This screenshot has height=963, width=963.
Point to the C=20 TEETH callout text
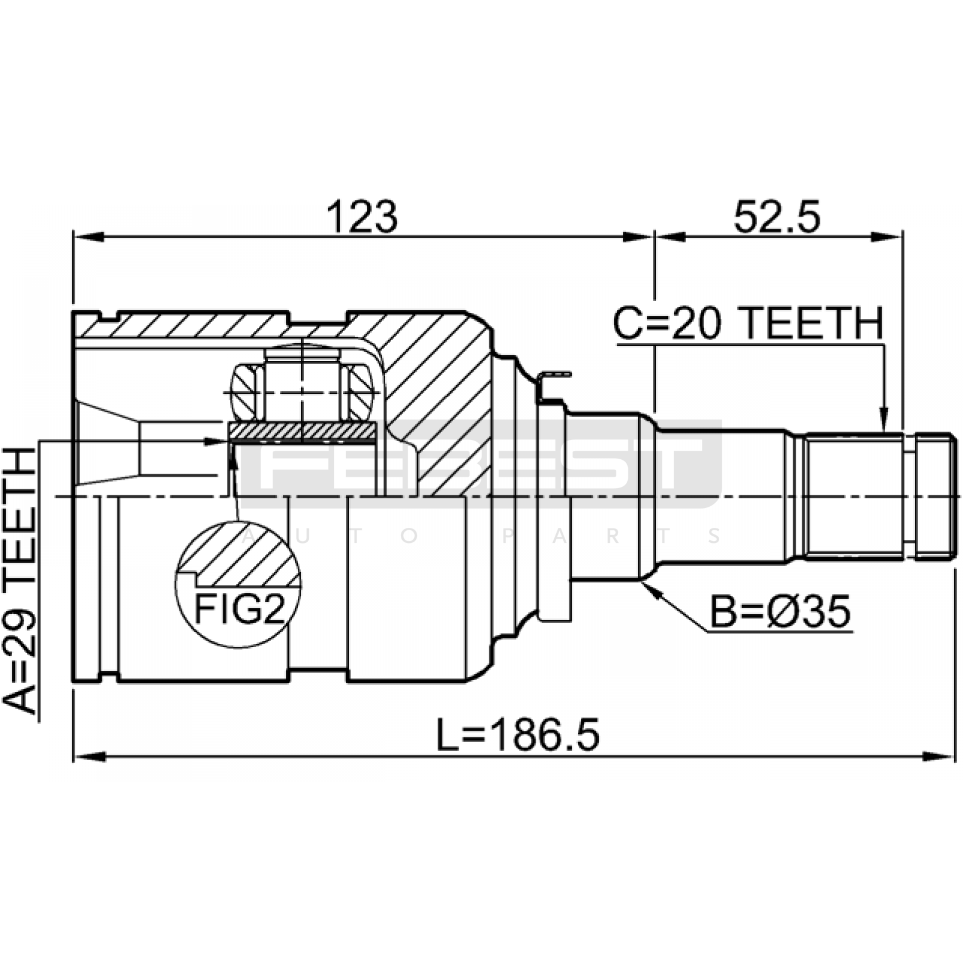748,324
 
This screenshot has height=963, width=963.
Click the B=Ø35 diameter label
781,612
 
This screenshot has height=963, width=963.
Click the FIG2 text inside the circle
239,610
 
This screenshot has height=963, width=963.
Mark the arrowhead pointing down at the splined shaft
883,421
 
